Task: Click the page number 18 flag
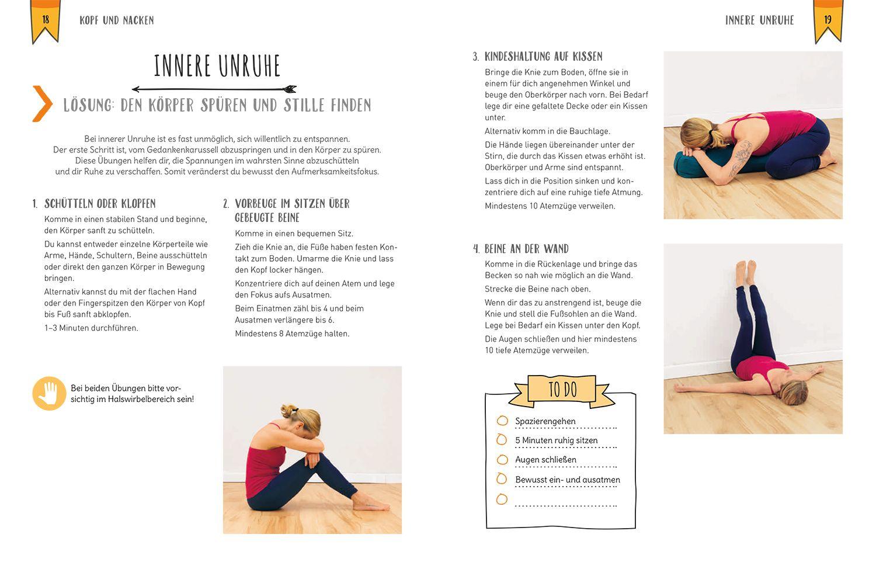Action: pyautogui.click(x=46, y=20)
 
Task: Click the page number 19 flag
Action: pyautogui.click(x=828, y=20)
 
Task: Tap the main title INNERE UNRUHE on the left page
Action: pyautogui.click(x=217, y=67)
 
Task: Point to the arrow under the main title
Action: pyautogui.click(x=214, y=89)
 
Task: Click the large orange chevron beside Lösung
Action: pyautogui.click(x=43, y=104)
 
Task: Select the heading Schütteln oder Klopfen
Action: pyautogui.click(x=100, y=204)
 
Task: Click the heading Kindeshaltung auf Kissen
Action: pyautogui.click(x=543, y=57)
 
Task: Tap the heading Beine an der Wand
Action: pyautogui.click(x=526, y=249)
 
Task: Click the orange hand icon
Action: pyautogui.click(x=49, y=393)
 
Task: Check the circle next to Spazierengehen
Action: pyautogui.click(x=502, y=421)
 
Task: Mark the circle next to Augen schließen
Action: pyautogui.click(x=502, y=460)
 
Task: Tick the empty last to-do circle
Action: pyautogui.click(x=502, y=499)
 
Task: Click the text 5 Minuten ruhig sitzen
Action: pyautogui.click(x=556, y=440)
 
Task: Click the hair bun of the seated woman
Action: pyautogui.click(x=288, y=410)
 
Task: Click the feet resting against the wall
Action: pyautogui.click(x=745, y=271)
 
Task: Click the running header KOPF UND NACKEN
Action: pyautogui.click(x=117, y=20)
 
